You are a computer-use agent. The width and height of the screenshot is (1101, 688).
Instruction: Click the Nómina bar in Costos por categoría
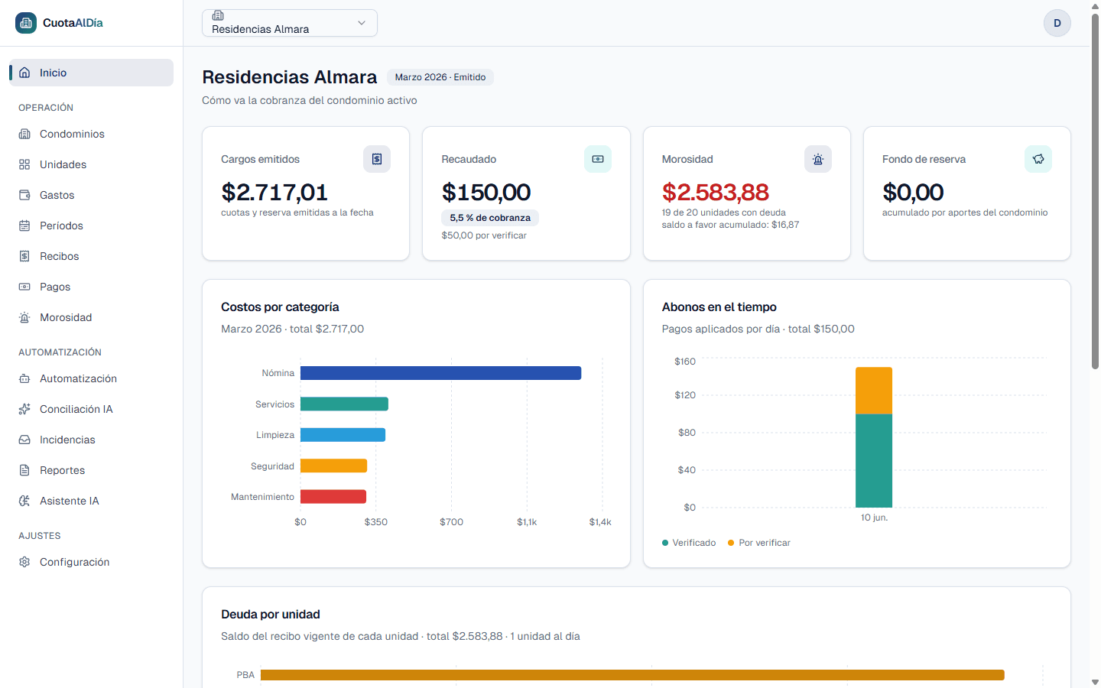(440, 373)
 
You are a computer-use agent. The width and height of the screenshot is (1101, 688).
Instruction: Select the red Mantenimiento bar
(333, 496)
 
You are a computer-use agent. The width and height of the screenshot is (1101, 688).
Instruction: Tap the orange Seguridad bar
(333, 466)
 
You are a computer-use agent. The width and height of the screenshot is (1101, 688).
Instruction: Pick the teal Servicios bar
(344, 404)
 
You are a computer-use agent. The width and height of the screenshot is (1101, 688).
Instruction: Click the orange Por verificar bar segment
(873, 391)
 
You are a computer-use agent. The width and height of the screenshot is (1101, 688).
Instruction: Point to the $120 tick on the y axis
(685, 395)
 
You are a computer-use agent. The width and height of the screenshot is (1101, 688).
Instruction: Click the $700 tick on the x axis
(451, 522)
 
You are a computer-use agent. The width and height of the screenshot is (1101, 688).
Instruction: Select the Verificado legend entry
(689, 543)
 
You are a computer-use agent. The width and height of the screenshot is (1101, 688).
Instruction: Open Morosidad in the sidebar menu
(66, 317)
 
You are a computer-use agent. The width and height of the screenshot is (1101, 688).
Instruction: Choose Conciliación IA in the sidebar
(76, 410)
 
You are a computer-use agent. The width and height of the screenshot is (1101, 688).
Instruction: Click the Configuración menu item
(75, 562)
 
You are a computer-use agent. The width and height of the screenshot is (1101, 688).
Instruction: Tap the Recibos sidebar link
(59, 257)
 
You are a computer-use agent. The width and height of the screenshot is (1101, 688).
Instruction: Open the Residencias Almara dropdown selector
(290, 23)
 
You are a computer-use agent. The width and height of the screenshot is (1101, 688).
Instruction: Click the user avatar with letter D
(1057, 23)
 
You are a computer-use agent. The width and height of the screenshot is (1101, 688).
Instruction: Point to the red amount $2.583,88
(715, 192)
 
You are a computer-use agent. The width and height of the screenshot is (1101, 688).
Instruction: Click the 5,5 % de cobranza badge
(489, 218)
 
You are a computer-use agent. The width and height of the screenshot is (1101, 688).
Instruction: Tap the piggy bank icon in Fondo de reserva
(1038, 159)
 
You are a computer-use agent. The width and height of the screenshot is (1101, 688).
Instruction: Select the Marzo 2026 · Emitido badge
(440, 77)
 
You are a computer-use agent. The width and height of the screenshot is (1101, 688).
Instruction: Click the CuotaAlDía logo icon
(25, 23)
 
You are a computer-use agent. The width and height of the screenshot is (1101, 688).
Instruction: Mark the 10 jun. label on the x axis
(874, 518)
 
